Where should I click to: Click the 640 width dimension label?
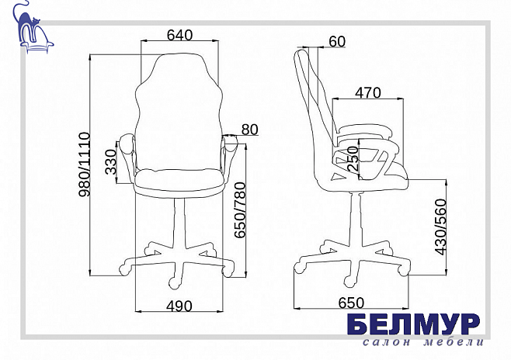[179, 35]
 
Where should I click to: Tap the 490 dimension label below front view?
[179, 306]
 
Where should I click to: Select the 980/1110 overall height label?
[84, 164]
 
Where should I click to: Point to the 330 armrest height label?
[111, 162]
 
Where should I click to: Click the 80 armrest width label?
[249, 130]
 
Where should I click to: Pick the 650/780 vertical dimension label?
[240, 210]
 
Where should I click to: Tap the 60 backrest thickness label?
[337, 42]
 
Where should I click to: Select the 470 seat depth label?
[368, 93]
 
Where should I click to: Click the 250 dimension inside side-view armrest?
[353, 159]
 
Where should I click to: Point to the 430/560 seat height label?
[440, 227]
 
